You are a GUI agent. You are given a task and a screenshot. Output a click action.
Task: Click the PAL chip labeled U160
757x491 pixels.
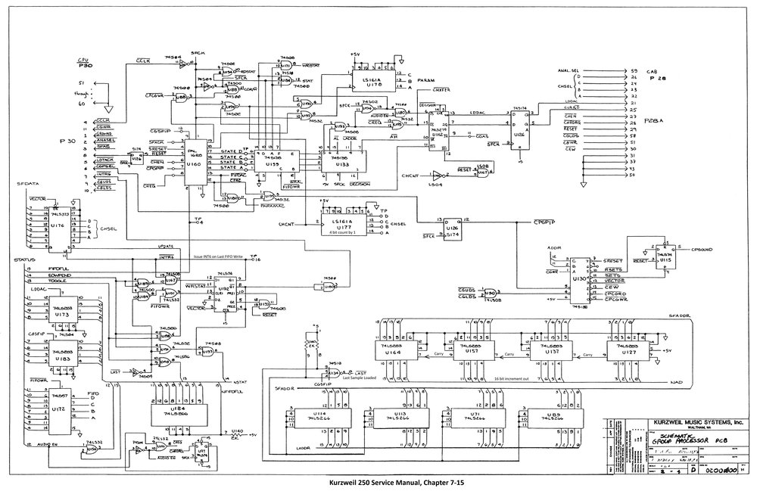point(195,160)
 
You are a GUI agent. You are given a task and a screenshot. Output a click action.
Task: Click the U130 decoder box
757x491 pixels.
point(581,278)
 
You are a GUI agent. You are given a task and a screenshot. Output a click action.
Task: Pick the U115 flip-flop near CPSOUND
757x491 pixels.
point(645,255)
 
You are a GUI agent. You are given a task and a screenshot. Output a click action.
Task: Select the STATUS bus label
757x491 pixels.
point(26,260)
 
